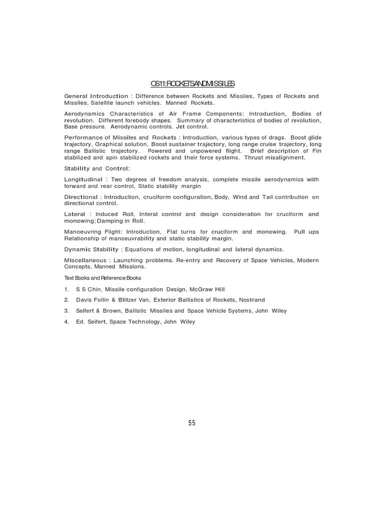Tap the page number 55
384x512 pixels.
192,423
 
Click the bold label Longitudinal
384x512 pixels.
83,179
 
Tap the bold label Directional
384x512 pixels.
81,197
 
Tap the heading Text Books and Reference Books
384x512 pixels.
102,277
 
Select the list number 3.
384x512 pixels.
66,310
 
